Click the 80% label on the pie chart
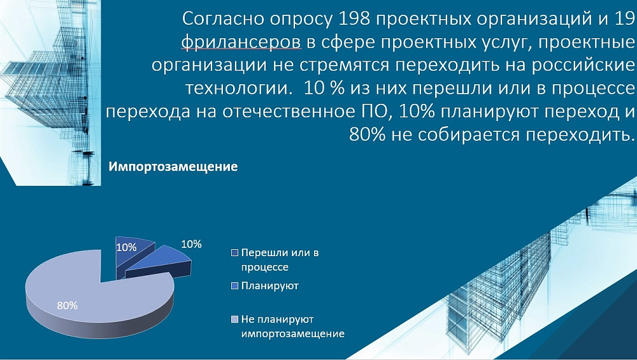[x=67, y=306]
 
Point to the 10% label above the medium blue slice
[x=191, y=244]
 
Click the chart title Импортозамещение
[x=173, y=167]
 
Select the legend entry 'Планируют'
[x=269, y=285]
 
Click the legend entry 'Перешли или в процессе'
[x=280, y=260]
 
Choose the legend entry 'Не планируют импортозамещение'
[x=292, y=327]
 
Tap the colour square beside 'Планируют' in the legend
[x=234, y=286]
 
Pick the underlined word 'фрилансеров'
[x=241, y=42]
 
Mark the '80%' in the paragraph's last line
[x=368, y=134]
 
